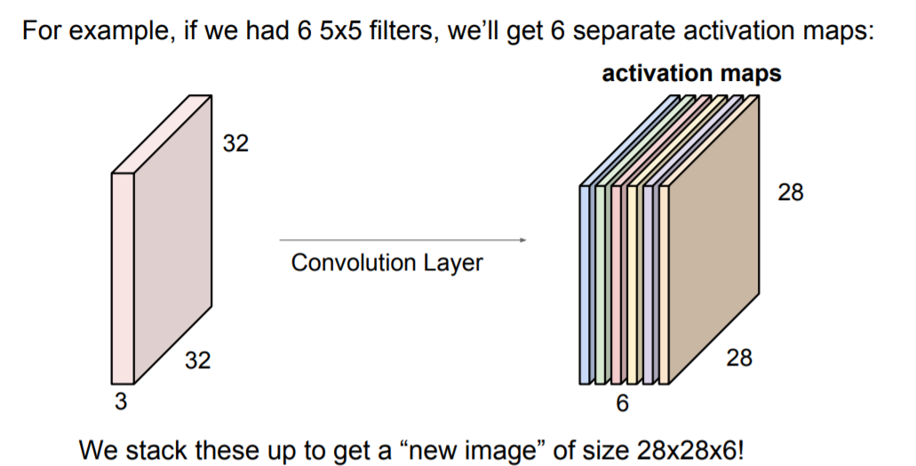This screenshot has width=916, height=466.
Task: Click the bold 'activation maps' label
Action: pos(691,73)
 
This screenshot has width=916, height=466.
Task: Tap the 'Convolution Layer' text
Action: pos(386,263)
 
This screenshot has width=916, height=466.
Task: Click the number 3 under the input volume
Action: pos(121,402)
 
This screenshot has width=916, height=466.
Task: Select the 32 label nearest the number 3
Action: pos(198,360)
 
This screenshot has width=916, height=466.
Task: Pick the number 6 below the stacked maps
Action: pos(622,404)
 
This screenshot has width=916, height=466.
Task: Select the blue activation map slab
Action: pos(585,285)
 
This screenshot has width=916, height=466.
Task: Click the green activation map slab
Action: pos(601,285)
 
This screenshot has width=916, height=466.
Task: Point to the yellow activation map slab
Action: pos(632,285)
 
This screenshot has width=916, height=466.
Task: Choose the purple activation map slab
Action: pos(648,285)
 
